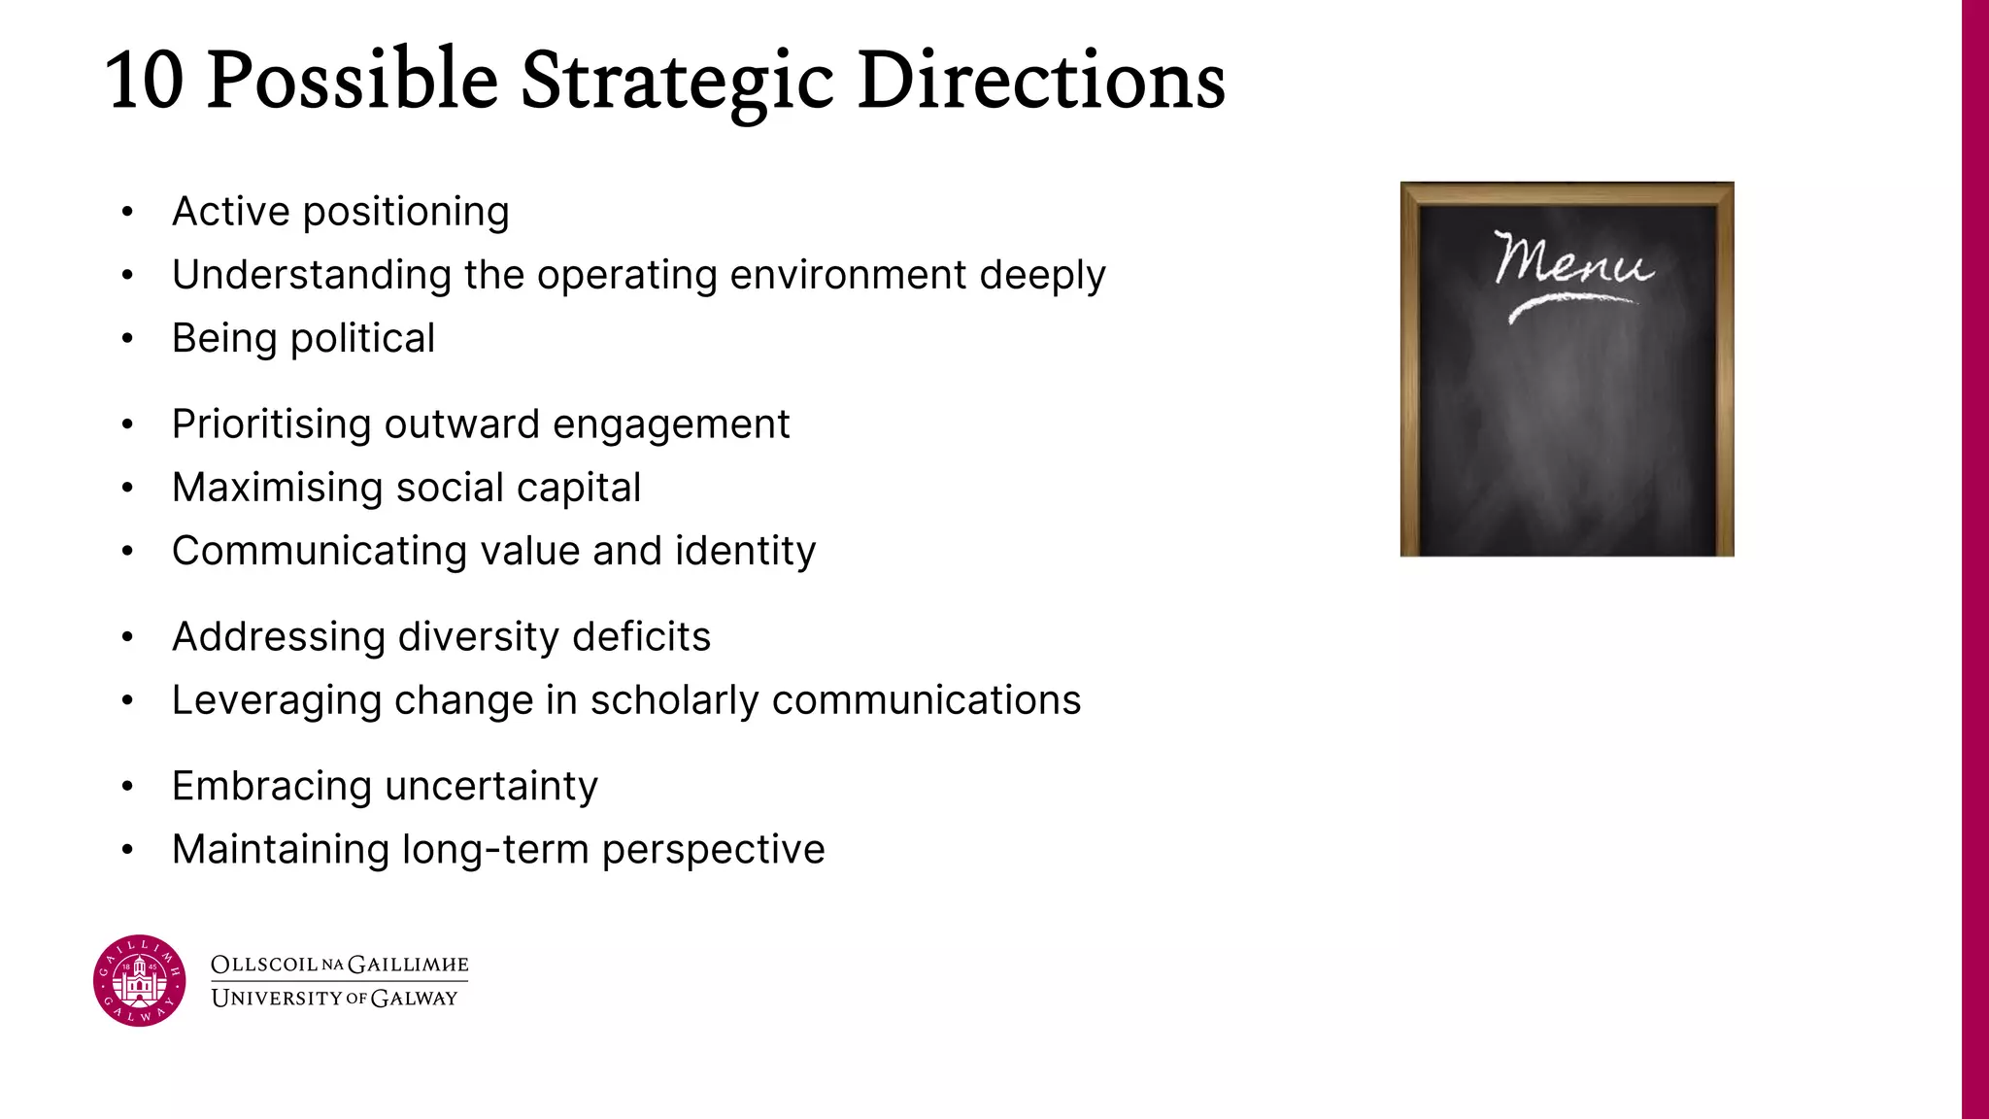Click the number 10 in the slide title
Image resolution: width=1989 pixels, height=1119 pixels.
145,81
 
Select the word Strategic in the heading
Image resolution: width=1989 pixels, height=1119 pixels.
677,83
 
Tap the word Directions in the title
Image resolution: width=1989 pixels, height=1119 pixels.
1040,81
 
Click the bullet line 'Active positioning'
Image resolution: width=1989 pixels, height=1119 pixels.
340,212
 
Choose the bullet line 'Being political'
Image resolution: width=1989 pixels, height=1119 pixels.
303,339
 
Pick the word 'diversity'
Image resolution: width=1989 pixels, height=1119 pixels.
478,637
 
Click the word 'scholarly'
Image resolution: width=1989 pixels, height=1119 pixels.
674,700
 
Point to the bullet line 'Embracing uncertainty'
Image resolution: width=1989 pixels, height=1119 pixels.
385,787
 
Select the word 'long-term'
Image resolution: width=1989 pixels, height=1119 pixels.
495,850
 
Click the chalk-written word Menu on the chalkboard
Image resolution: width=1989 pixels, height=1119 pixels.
1571,260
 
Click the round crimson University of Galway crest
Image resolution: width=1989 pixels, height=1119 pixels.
139,980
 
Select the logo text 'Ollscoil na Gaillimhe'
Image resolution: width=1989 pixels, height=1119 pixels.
339,965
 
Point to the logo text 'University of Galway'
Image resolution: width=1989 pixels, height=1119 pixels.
334,999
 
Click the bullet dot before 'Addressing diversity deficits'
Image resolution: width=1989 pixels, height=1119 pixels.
127,637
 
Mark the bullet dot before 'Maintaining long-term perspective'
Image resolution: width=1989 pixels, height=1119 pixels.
127,850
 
